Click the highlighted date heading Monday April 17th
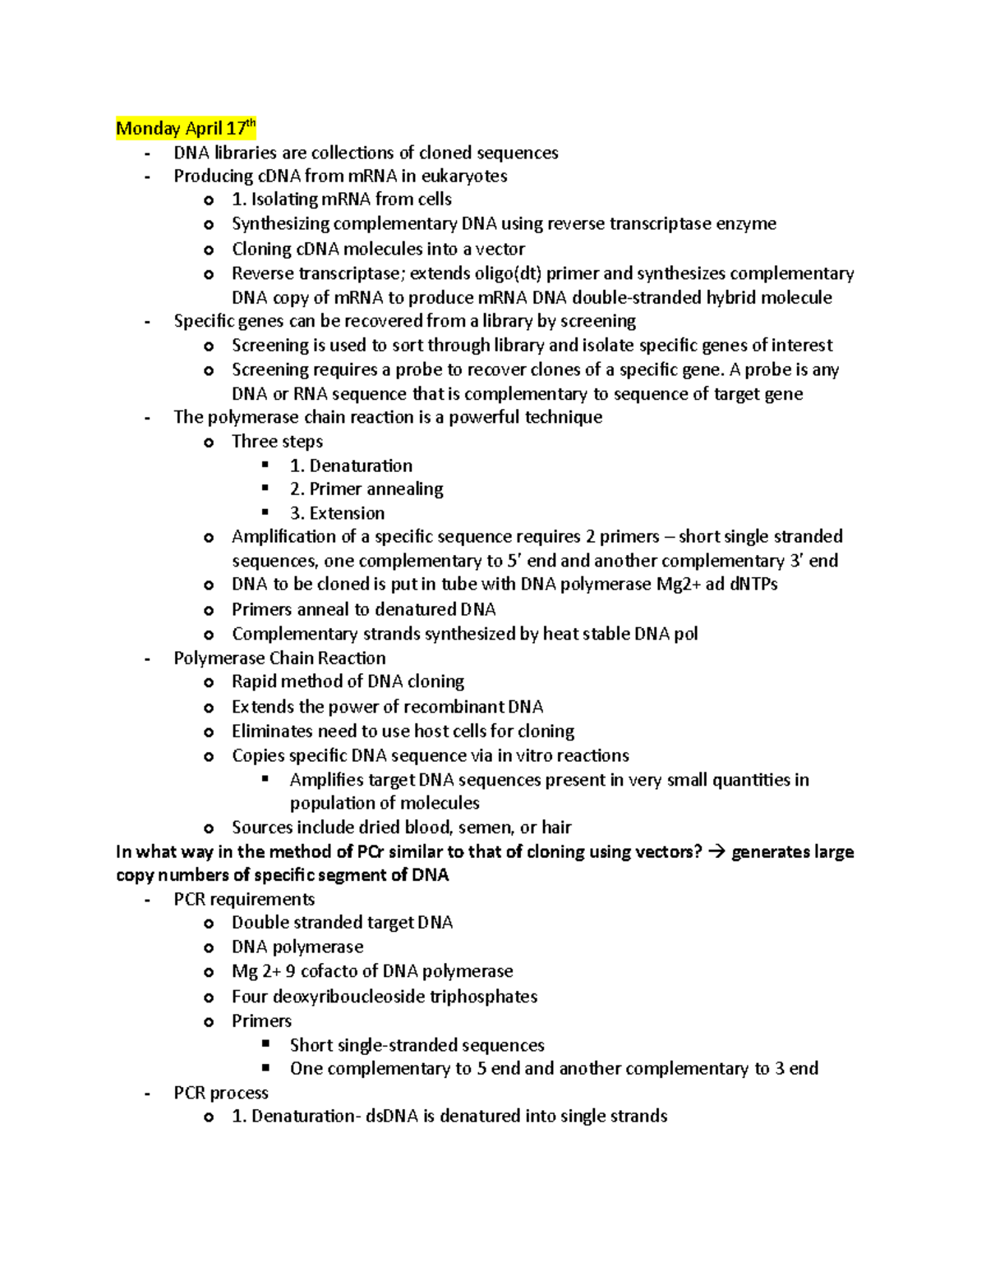[x=186, y=128]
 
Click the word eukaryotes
[x=466, y=176]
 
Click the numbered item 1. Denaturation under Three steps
[x=351, y=466]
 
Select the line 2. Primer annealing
[x=366, y=489]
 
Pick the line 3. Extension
[x=337, y=513]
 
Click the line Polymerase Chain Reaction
[x=279, y=658]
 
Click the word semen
[x=484, y=828]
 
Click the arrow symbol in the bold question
[x=716, y=852]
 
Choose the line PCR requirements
[x=244, y=900]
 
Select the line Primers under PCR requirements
[x=261, y=1021]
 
